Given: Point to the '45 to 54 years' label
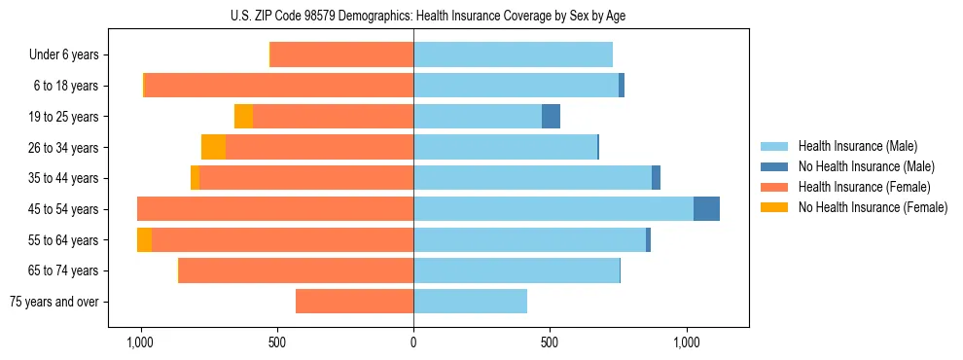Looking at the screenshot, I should [x=66, y=209].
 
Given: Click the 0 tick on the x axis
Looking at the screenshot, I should [x=413, y=342].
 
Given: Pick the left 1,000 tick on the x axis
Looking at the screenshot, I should [x=140, y=342].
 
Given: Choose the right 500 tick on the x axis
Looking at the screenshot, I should [x=550, y=342].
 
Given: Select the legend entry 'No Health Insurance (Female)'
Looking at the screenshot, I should [x=873, y=207].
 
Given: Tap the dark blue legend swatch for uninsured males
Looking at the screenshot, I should [x=774, y=166].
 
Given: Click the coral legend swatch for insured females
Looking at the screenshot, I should [x=774, y=187].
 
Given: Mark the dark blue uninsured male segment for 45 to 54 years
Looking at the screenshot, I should [x=706, y=209].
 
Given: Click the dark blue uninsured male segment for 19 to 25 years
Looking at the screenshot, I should [x=551, y=117].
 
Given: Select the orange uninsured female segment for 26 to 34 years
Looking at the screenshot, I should [x=213, y=147].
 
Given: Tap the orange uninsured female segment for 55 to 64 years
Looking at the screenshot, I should [x=144, y=240].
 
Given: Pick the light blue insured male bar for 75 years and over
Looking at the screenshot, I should [x=470, y=302].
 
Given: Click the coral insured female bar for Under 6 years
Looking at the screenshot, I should [x=341, y=55].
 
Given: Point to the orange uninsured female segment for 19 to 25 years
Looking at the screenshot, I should [x=243, y=117].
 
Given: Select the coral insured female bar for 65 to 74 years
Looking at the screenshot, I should [x=296, y=270].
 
